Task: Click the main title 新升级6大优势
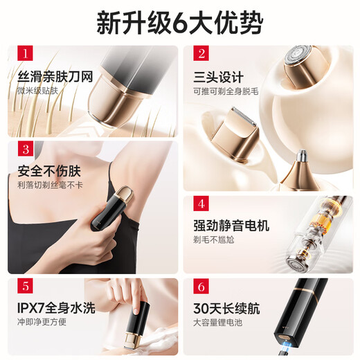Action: pos(180,22)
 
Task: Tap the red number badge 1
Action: pos(26,54)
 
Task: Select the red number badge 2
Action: pos(201,54)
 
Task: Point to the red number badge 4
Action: pos(201,204)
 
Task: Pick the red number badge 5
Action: pos(26,287)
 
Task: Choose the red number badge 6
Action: pos(201,287)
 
